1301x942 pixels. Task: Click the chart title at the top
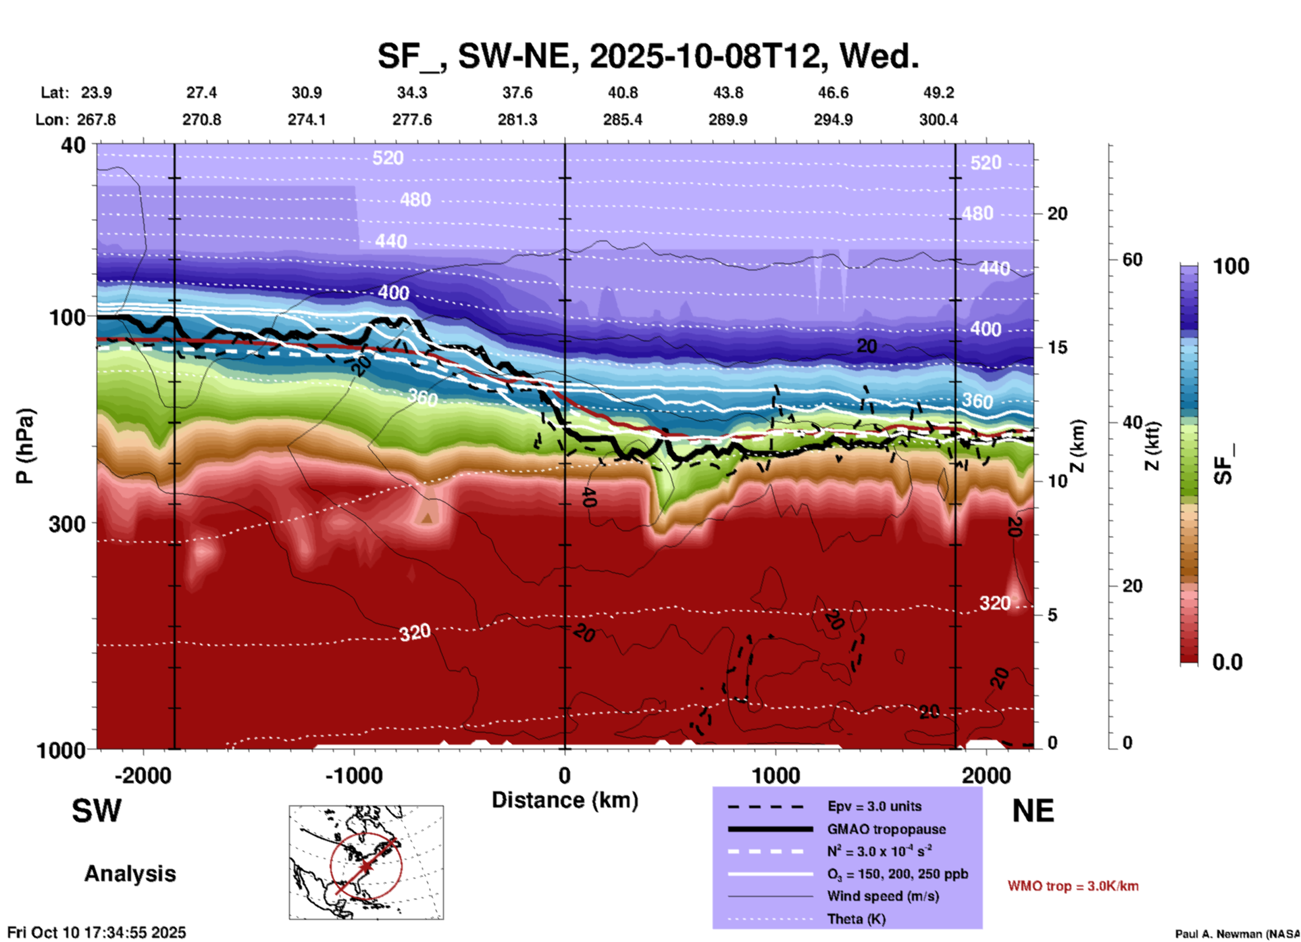pyautogui.click(x=648, y=56)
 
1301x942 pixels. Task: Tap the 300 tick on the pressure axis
pyautogui.click(x=67, y=524)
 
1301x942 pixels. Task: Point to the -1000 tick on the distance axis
pyautogui.click(x=354, y=776)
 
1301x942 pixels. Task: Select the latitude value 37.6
pyautogui.click(x=517, y=93)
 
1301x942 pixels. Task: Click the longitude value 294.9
pyautogui.click(x=833, y=120)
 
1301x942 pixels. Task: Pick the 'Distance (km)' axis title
pyautogui.click(x=565, y=800)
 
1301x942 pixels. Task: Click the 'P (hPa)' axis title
pyautogui.click(x=24, y=446)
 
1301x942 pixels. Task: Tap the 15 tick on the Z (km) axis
pyautogui.click(x=1057, y=347)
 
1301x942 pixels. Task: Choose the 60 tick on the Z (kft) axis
pyautogui.click(x=1132, y=259)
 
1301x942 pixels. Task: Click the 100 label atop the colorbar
pyautogui.click(x=1231, y=266)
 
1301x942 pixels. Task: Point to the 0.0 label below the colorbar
pyautogui.click(x=1227, y=662)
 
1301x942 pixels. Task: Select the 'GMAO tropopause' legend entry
pyautogui.click(x=886, y=829)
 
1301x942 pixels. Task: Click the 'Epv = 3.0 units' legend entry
pyautogui.click(x=874, y=806)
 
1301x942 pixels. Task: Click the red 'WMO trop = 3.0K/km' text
pyautogui.click(x=1073, y=886)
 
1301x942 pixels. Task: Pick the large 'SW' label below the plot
pyautogui.click(x=97, y=811)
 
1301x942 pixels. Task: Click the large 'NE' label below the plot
pyautogui.click(x=1033, y=811)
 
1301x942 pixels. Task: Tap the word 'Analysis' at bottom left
pyautogui.click(x=130, y=874)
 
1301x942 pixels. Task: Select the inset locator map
pyautogui.click(x=366, y=862)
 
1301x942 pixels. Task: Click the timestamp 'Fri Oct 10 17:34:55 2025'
pyautogui.click(x=97, y=933)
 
